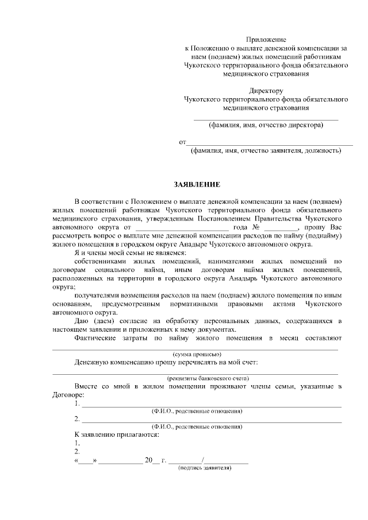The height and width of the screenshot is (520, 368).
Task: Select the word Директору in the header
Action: [266, 91]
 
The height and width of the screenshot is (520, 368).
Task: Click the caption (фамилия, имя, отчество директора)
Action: [266, 125]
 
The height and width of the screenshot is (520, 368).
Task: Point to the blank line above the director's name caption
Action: [266, 119]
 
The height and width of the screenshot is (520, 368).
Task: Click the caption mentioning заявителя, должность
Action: [266, 151]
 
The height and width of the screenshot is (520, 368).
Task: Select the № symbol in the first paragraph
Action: [254, 227]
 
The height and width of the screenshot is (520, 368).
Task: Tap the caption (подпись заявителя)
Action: [205, 468]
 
